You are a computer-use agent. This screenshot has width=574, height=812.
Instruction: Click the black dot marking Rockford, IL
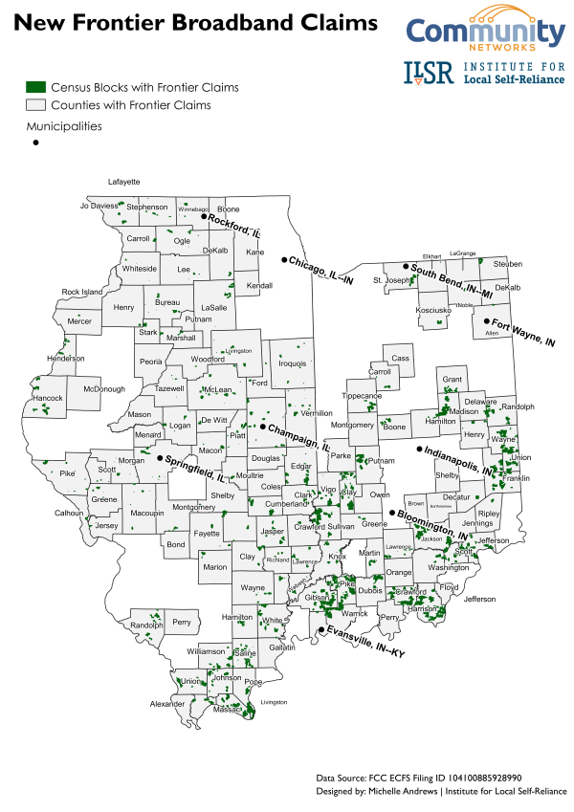click(x=203, y=217)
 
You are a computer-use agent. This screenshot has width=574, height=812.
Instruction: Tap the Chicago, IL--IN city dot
click(x=283, y=260)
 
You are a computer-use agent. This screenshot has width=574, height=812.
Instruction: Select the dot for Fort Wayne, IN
click(x=487, y=321)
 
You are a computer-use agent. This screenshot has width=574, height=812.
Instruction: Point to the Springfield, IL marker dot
click(x=160, y=459)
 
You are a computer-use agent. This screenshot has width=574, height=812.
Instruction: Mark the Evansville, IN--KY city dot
click(x=320, y=629)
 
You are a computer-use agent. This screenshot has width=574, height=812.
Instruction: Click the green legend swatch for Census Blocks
click(x=36, y=87)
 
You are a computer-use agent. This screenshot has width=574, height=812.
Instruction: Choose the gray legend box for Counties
click(x=36, y=104)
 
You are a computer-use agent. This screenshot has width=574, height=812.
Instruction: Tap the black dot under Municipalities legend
click(x=35, y=143)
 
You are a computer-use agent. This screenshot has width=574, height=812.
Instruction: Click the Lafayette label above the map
click(x=123, y=181)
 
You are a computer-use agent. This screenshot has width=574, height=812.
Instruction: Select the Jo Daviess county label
click(x=99, y=206)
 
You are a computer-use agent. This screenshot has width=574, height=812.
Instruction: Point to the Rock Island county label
click(x=82, y=292)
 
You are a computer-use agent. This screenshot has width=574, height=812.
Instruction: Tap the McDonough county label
click(x=103, y=388)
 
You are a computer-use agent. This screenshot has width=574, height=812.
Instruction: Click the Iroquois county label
click(x=292, y=363)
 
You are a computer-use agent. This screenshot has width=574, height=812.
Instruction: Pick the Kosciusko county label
click(x=433, y=310)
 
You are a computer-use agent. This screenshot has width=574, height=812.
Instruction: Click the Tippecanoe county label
click(x=362, y=395)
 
